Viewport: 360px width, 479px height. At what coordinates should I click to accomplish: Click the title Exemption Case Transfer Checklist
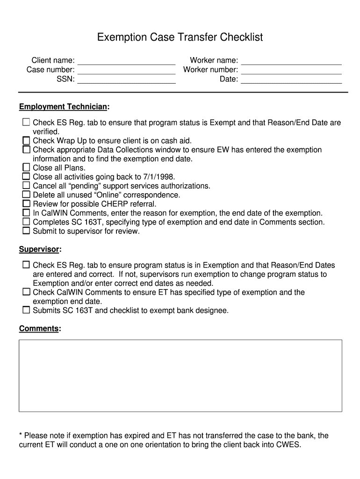[x=180, y=37]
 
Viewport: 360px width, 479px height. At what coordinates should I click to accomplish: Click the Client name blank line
[x=126, y=61]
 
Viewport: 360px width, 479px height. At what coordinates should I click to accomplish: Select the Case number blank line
[x=126, y=71]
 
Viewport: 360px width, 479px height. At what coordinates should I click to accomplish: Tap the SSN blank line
[x=126, y=80]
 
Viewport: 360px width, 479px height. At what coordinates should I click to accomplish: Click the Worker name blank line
[x=291, y=61]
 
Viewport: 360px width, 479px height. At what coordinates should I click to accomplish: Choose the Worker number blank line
[x=291, y=71]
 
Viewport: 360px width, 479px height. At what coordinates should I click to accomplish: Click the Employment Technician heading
[x=63, y=107]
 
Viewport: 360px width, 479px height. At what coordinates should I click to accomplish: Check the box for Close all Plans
[x=26, y=167]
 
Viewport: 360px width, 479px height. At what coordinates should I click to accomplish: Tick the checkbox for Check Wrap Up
[x=26, y=140]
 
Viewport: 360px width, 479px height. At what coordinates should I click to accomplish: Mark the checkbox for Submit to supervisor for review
[x=26, y=231]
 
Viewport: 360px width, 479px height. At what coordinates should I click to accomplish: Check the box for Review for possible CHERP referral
[x=26, y=203]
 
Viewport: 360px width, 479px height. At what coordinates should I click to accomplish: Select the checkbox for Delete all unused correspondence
[x=26, y=195]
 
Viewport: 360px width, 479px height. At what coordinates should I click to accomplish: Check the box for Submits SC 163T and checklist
[x=26, y=310]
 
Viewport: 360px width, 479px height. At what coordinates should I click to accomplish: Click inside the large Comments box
[x=180, y=376]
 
